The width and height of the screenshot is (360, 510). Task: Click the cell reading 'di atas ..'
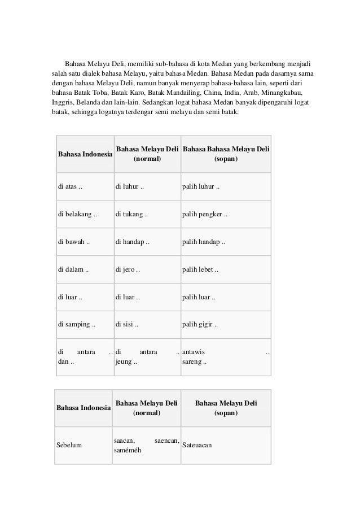[x=71, y=187]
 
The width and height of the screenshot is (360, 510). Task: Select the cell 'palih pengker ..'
[x=205, y=215]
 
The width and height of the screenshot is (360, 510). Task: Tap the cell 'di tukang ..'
[x=132, y=215]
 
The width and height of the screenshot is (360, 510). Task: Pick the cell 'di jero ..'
[x=128, y=269]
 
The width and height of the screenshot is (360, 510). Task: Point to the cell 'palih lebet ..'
[x=200, y=269]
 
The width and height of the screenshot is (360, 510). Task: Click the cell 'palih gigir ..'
[x=200, y=325]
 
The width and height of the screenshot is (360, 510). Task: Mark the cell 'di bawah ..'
[x=74, y=242]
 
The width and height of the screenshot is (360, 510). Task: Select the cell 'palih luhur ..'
[x=201, y=187]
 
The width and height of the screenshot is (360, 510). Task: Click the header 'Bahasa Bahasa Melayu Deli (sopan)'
[x=226, y=154]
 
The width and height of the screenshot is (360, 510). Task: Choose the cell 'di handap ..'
[x=133, y=242]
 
